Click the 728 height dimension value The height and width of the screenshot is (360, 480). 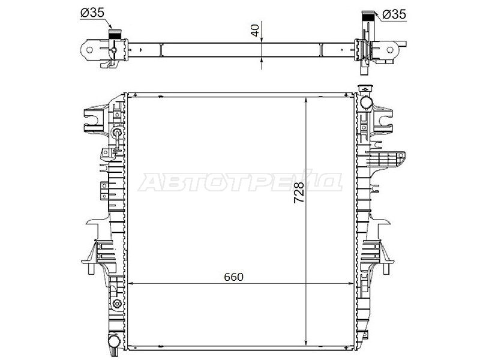click(x=299, y=192)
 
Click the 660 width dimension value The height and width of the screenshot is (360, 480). click(x=233, y=277)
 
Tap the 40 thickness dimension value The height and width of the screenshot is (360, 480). click(x=255, y=29)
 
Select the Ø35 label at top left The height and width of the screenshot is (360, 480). click(x=92, y=13)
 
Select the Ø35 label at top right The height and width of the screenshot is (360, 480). click(x=394, y=14)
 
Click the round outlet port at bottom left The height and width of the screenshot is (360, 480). click(x=113, y=341)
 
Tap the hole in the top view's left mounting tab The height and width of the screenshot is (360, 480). click(x=89, y=50)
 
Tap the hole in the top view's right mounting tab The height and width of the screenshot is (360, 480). click(x=389, y=50)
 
